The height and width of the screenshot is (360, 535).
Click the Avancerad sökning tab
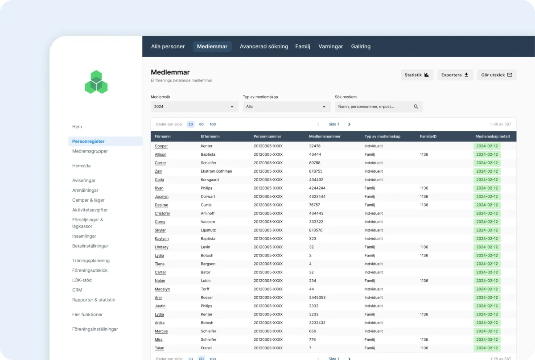point(263,46)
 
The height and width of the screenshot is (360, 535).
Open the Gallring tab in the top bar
point(361,46)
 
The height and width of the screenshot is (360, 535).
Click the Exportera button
point(455,75)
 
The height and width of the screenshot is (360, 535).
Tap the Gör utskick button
point(497,75)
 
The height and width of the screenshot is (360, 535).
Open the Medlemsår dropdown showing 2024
point(194,107)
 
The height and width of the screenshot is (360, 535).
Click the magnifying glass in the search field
point(416,107)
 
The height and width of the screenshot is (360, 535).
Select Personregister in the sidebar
point(88,141)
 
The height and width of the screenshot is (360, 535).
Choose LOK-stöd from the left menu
point(82,280)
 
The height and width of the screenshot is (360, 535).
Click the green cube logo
point(96,82)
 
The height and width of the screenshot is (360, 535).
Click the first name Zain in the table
point(158,171)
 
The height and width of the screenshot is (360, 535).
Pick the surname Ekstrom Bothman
point(216,171)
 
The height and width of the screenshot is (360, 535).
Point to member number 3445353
point(317,298)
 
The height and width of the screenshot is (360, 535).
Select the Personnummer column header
point(267,136)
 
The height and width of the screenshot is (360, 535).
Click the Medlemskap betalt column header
point(493,136)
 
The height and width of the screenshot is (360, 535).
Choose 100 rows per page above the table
point(213,124)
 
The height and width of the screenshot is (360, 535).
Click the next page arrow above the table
point(349,124)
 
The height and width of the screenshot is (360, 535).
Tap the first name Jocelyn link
point(161,196)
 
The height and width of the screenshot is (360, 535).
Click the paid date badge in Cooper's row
point(487,146)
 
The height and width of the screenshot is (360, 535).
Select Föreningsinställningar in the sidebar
point(95,329)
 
